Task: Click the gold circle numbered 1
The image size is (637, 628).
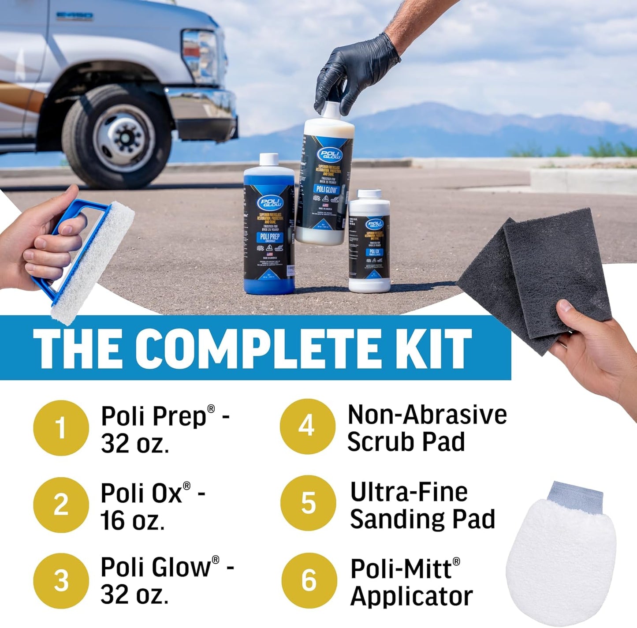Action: [61, 427]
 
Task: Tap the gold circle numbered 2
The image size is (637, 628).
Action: [61, 505]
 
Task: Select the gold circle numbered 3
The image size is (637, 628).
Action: [61, 580]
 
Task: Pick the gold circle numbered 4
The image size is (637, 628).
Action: [307, 426]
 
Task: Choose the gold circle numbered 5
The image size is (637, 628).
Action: [308, 503]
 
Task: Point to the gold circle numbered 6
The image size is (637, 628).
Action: [309, 579]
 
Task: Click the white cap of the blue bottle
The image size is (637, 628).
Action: [268, 160]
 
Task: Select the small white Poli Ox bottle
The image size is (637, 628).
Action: [369, 243]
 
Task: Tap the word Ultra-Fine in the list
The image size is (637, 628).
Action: [409, 492]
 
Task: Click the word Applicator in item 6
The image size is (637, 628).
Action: [411, 596]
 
